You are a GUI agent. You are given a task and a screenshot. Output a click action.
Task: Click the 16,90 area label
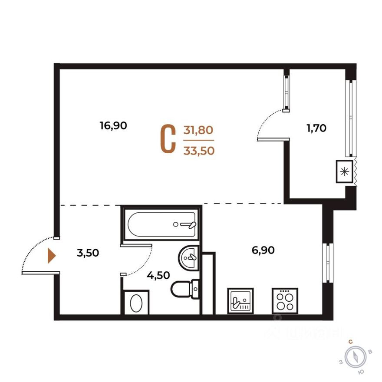tap(113, 126)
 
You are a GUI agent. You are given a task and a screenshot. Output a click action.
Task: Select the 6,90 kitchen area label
tap(263, 250)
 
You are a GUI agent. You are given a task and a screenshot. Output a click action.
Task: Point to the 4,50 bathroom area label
tap(158, 275)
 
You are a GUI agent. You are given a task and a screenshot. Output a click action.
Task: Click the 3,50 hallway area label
tap(88, 253)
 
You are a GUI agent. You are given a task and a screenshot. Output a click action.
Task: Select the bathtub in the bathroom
tap(161, 224)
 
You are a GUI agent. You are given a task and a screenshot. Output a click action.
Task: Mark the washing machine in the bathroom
tap(136, 303)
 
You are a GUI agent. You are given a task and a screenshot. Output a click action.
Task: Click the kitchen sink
tap(240, 300)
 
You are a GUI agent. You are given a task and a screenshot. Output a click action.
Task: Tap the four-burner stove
tap(284, 300)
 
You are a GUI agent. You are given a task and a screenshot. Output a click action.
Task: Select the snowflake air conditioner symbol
tap(346, 171)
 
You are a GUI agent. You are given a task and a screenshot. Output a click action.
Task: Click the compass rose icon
tap(356, 357)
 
